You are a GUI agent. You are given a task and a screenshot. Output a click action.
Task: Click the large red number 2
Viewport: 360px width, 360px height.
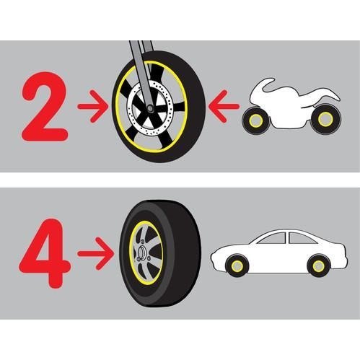tap(45, 106)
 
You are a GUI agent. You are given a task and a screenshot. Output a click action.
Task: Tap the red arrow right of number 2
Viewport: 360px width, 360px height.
tap(93, 106)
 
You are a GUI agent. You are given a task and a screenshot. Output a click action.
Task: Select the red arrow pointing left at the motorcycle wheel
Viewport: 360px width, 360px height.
tap(224, 106)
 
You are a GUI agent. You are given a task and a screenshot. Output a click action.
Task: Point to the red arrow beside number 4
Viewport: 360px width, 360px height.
tap(95, 253)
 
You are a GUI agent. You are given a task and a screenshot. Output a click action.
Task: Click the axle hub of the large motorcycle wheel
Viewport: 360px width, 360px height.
tap(151, 108)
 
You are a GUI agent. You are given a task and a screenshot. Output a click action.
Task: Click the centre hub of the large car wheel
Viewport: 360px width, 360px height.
tap(141, 253)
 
